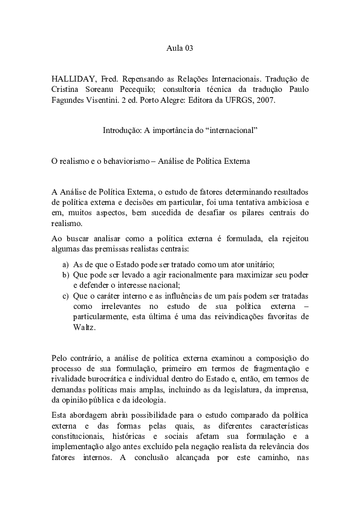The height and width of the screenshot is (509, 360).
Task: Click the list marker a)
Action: coord(65,264)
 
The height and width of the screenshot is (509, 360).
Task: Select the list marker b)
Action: coord(65,275)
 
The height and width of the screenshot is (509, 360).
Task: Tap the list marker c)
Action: coord(65,296)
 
